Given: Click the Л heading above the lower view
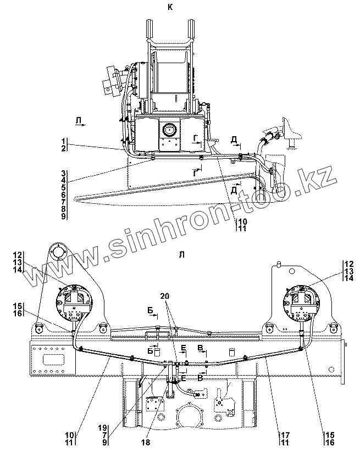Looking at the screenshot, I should (181, 254).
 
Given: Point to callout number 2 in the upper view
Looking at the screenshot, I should (64, 149).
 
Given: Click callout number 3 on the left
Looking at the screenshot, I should (64, 173).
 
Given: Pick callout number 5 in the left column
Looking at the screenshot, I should (64, 187).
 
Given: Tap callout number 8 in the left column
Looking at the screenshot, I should (64, 209).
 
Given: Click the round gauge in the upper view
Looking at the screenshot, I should (170, 131).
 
